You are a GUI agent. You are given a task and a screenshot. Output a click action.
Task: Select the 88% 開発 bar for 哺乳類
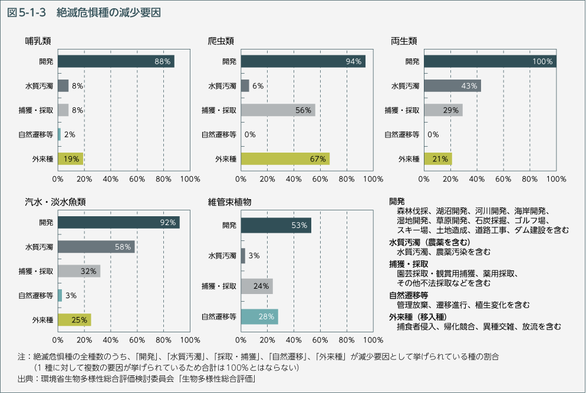pyautogui.click(x=116, y=61)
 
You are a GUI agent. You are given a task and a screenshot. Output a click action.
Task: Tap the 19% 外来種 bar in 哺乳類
pyautogui.click(x=70, y=158)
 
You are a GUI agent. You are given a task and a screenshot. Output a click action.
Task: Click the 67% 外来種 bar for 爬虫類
pyautogui.click(x=285, y=158)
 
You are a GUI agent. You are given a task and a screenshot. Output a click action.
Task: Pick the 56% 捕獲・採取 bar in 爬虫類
pyautogui.click(x=278, y=110)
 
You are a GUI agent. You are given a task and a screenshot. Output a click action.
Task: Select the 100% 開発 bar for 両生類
pyautogui.click(x=490, y=61)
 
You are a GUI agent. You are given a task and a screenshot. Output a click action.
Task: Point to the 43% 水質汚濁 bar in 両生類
pyautogui.click(x=452, y=85)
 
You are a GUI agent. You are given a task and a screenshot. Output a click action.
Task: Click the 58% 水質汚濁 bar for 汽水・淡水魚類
pyautogui.click(x=96, y=247)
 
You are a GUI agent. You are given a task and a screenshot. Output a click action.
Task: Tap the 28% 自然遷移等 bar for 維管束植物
pyautogui.click(x=259, y=316)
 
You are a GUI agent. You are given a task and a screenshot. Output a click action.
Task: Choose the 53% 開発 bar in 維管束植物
pyautogui.click(x=276, y=225)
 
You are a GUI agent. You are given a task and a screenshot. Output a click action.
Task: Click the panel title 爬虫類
pyautogui.click(x=221, y=41)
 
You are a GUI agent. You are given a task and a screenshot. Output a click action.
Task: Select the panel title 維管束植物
pyautogui.click(x=230, y=202)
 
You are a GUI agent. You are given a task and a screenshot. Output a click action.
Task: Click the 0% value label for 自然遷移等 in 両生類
pyautogui.click(x=433, y=134)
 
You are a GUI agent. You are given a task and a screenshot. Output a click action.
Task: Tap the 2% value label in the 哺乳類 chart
pyautogui.click(x=70, y=134)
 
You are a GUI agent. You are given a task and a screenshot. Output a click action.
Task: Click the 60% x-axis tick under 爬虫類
pyautogui.click(x=320, y=178)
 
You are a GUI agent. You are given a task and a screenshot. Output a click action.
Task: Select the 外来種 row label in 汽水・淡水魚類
pyautogui.click(x=43, y=320)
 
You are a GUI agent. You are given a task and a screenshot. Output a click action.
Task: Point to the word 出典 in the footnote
pyautogui.click(x=25, y=379)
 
